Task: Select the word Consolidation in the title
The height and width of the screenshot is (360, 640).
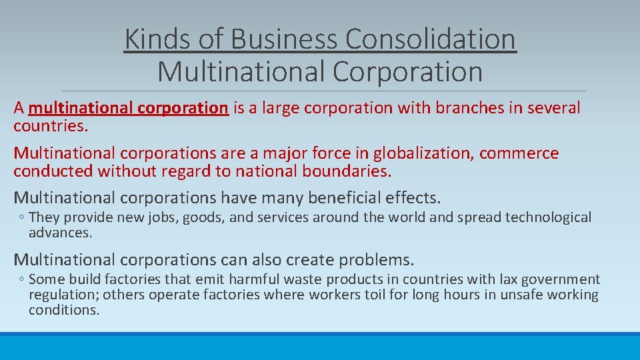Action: point(430,39)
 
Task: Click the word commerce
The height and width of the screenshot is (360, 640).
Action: point(519,153)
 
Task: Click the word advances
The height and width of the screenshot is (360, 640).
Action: point(60,233)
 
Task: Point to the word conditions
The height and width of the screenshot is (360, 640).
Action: point(63,310)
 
